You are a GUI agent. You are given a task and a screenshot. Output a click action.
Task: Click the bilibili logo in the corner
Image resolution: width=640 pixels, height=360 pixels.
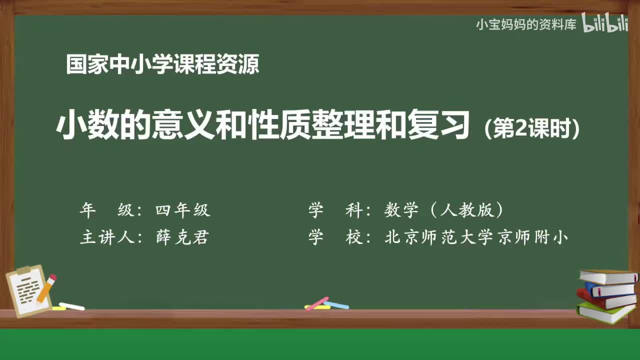click(x=605, y=24)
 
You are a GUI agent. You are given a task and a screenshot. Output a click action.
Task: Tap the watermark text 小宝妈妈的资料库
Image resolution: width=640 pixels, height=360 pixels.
click(x=526, y=24)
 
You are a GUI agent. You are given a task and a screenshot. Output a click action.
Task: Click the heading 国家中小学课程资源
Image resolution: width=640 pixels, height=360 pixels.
click(x=162, y=65)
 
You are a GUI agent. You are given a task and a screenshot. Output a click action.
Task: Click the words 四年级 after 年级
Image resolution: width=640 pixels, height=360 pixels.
click(x=183, y=210)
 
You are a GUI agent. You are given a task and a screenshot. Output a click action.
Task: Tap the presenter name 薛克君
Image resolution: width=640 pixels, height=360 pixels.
click(x=182, y=237)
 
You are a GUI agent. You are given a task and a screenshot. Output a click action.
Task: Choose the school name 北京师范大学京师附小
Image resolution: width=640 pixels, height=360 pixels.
click(x=476, y=237)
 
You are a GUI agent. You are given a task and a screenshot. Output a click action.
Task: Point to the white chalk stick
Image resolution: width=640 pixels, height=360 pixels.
click(x=71, y=306)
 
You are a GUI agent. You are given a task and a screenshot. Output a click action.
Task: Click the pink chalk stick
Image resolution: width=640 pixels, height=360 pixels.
click(x=316, y=303)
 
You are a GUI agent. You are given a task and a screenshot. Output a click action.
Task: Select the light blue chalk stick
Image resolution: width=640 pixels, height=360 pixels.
click(x=336, y=304)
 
